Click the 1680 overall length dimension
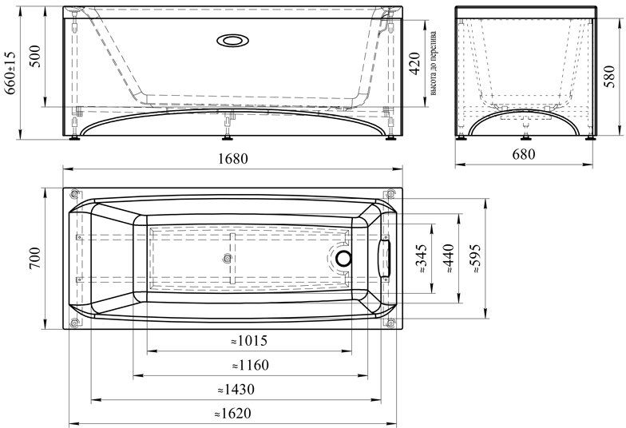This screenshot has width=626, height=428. [233, 159]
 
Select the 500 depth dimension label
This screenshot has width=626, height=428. [35, 56]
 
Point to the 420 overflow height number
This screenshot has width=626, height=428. [415, 64]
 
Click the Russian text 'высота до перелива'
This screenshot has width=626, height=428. [433, 64]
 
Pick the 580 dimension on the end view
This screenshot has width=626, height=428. [609, 77]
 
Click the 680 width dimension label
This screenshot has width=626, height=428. [523, 154]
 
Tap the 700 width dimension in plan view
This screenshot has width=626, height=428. [35, 259]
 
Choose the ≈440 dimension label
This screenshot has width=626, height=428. [449, 259]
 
